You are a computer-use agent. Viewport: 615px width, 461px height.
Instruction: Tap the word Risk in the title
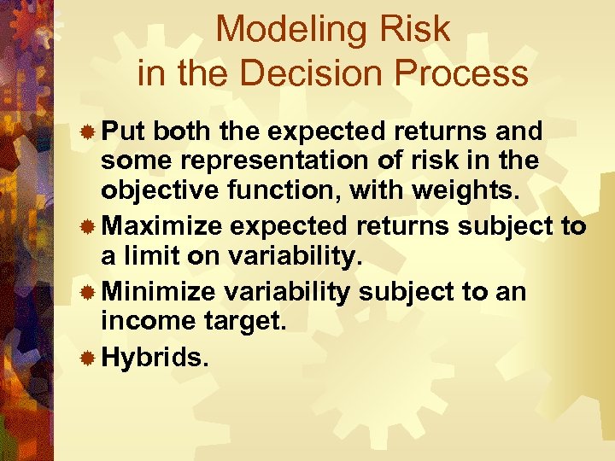[415, 30]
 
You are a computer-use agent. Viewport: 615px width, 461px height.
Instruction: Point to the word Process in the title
[467, 74]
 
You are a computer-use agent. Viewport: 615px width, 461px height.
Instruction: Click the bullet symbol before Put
[87, 132]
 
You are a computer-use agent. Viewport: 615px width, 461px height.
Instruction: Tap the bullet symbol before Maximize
[87, 226]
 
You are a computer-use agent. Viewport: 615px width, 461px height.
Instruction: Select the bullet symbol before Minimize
[87, 293]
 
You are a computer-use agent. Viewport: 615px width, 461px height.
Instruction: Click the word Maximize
[165, 225]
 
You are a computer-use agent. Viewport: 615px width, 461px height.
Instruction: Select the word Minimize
[160, 292]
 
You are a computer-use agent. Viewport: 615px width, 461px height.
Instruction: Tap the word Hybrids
[155, 359]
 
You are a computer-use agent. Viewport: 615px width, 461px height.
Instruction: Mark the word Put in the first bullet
[126, 131]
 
